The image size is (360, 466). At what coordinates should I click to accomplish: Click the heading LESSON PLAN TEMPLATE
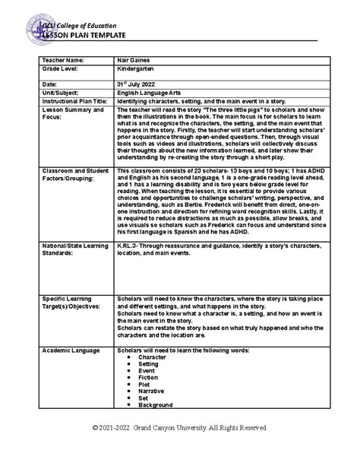pos(84,34)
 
